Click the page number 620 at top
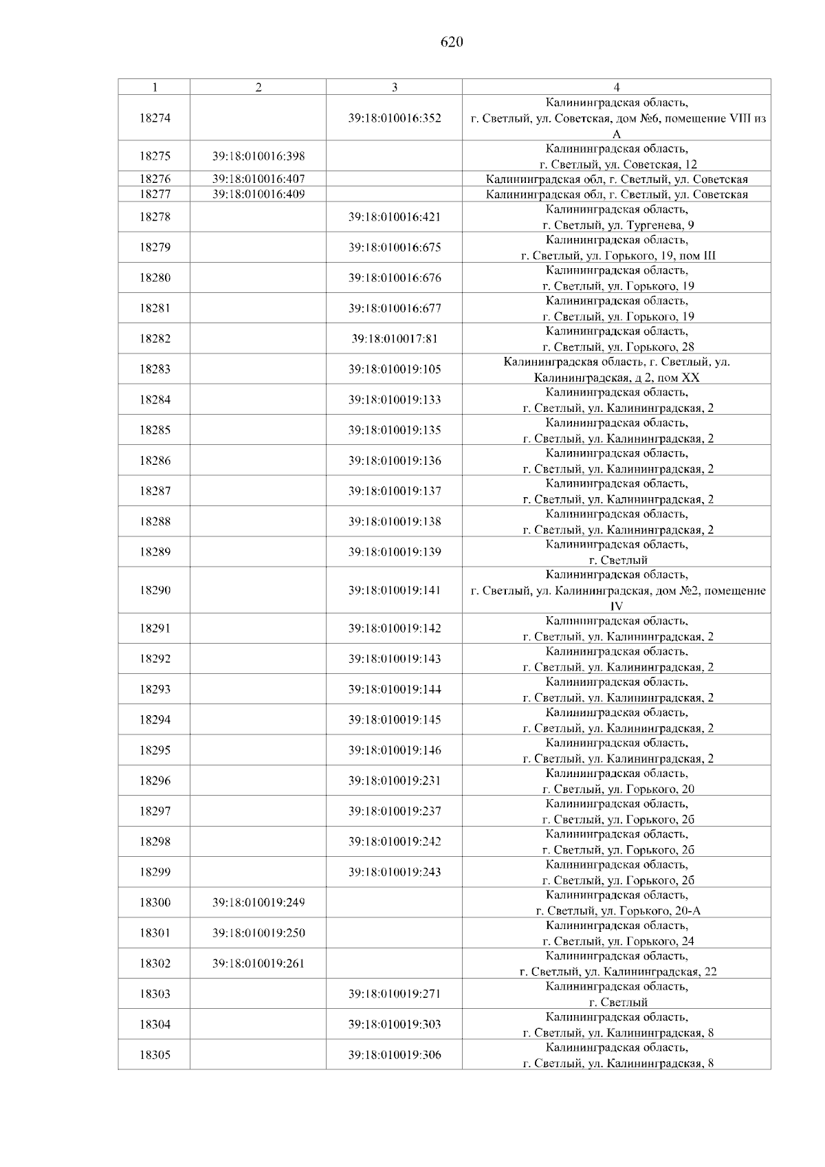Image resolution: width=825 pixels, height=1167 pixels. [x=451, y=43]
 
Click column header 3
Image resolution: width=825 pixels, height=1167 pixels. [x=394, y=87]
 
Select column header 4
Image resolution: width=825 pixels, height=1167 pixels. [x=616, y=87]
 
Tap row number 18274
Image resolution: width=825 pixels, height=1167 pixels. [x=155, y=118]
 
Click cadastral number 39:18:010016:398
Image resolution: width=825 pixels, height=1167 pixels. [x=258, y=156]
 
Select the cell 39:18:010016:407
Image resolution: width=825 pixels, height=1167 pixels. [x=258, y=179]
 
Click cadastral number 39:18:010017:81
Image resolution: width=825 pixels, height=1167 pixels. [x=395, y=339]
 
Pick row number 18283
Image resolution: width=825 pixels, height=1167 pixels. [x=155, y=369]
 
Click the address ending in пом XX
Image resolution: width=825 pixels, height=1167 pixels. [x=617, y=378]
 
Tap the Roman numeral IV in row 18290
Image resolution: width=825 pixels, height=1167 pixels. [x=617, y=607]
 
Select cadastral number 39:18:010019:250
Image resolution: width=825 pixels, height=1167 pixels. [x=258, y=933]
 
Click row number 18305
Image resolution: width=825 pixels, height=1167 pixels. [x=155, y=1055]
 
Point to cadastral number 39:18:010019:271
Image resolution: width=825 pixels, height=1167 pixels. [x=395, y=994]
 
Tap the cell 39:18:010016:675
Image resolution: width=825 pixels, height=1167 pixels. [x=395, y=248]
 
